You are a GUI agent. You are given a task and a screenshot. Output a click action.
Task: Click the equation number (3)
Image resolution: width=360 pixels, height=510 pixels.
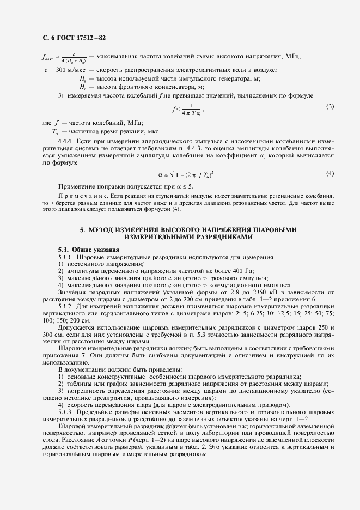click(x=330, y=106)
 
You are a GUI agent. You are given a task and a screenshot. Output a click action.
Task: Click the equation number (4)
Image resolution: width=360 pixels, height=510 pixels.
click(x=330, y=173)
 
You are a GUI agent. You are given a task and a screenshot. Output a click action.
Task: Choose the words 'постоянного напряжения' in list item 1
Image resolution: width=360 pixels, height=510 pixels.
click(x=93, y=264)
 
